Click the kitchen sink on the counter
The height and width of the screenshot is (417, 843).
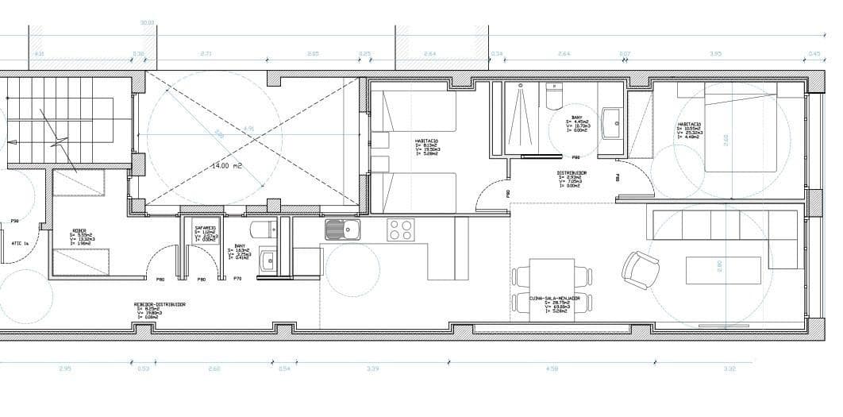click(342, 230)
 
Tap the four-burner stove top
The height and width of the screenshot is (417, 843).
click(400, 230)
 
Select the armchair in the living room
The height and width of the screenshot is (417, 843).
click(640, 268)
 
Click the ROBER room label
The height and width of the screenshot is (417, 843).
click(79, 231)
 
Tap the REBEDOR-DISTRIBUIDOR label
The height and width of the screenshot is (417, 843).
click(160, 304)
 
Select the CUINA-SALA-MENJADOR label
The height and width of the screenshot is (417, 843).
click(560, 299)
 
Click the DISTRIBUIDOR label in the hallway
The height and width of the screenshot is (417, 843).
click(571, 172)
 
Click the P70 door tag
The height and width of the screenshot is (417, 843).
click(237, 279)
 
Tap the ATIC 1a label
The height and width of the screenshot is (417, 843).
click(20, 243)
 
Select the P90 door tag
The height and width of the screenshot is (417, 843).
click(14, 222)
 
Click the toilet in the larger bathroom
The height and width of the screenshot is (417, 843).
click(554, 98)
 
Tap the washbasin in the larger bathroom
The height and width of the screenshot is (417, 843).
click(612, 122)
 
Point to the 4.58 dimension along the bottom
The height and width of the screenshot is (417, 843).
click(552, 369)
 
